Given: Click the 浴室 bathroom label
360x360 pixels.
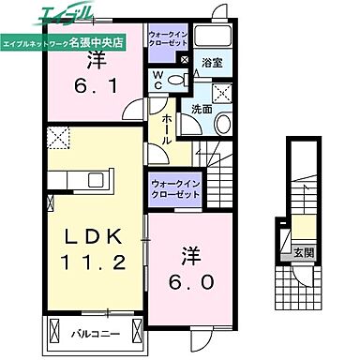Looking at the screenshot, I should [x=211, y=64].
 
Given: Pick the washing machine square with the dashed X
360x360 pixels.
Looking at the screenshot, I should [x=223, y=92].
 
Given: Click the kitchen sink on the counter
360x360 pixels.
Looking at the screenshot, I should [x=55, y=178].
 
